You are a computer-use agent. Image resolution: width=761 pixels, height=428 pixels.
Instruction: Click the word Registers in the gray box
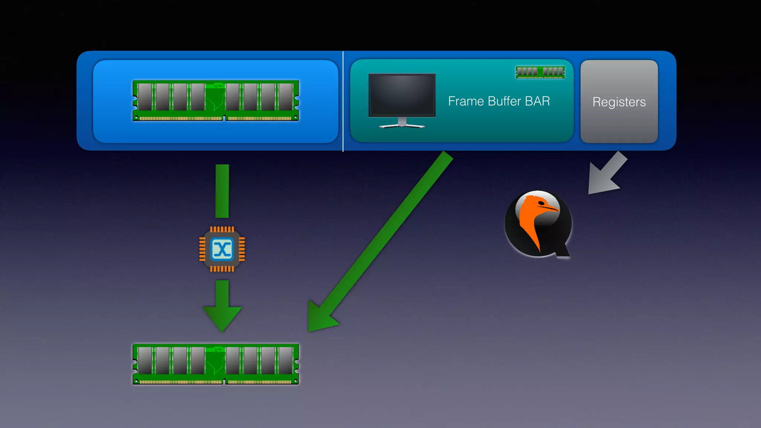619,102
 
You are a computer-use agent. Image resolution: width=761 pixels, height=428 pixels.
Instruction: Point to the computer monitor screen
402,95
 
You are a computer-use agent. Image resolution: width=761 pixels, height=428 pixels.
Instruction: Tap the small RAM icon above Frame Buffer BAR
540,72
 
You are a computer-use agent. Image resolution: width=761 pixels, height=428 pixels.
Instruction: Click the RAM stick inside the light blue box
216,100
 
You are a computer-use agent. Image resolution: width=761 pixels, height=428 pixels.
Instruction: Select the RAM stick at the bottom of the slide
216,364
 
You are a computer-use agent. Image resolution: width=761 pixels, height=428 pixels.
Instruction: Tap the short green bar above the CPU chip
222,191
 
